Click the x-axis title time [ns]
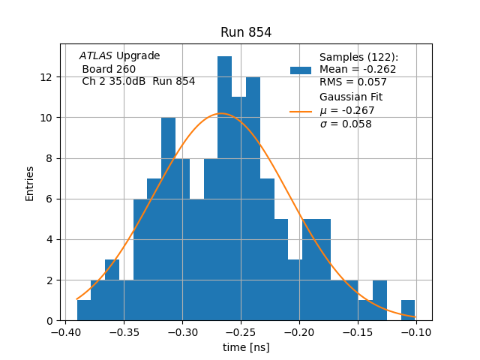click(x=246, y=347)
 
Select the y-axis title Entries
click(x=30, y=183)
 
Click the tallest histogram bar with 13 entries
click(x=225, y=187)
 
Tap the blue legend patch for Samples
click(x=301, y=70)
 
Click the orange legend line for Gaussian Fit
click(x=301, y=111)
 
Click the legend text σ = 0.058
click(x=346, y=124)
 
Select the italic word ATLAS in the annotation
click(x=96, y=56)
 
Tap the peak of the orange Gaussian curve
click(x=220, y=114)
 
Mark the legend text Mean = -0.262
click(x=358, y=70)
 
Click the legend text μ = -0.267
click(x=347, y=111)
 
